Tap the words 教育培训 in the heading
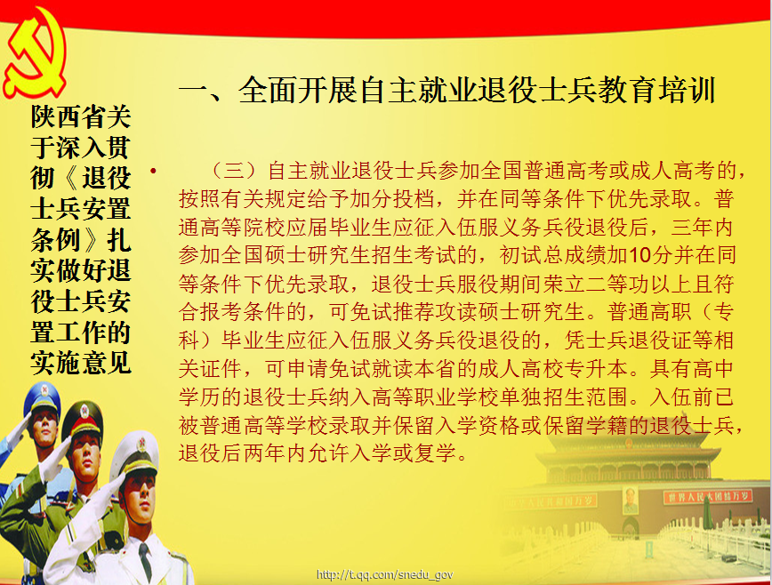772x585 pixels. (x=656, y=91)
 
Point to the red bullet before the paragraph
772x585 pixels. (x=154, y=171)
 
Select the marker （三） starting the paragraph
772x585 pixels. (x=235, y=171)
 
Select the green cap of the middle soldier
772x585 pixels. (x=82, y=417)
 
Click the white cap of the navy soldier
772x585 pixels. (x=136, y=455)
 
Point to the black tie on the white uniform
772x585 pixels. (x=145, y=561)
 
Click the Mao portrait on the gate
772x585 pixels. (x=630, y=500)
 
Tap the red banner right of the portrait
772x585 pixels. (x=707, y=496)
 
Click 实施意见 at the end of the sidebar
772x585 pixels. (x=81, y=363)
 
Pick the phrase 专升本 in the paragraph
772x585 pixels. (x=596, y=369)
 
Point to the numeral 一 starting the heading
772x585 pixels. (x=194, y=92)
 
